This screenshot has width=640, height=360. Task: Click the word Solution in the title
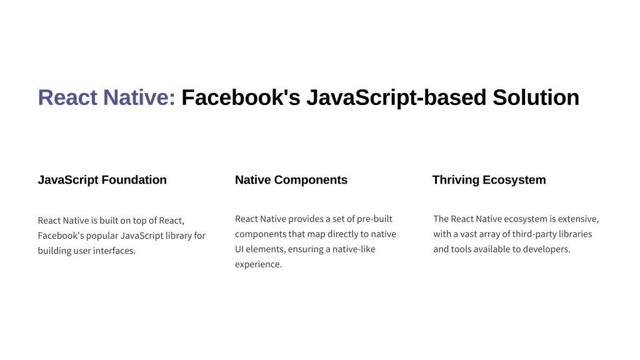[x=536, y=97]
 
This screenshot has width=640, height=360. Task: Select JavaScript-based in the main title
[x=396, y=98]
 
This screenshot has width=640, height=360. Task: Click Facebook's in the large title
[x=241, y=97]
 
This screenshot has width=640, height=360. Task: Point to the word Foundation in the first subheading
[x=134, y=180]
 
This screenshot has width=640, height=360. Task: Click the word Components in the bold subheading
[x=311, y=180]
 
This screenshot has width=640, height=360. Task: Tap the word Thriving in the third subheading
[x=456, y=180]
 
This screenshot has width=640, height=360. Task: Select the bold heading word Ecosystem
[x=514, y=180]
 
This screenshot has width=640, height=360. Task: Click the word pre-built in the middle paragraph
[x=374, y=219]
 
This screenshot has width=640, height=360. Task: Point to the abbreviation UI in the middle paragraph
[x=239, y=249]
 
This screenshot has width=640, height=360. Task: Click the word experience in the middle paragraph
[x=258, y=264]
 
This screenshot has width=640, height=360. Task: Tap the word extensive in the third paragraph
[x=578, y=219]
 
